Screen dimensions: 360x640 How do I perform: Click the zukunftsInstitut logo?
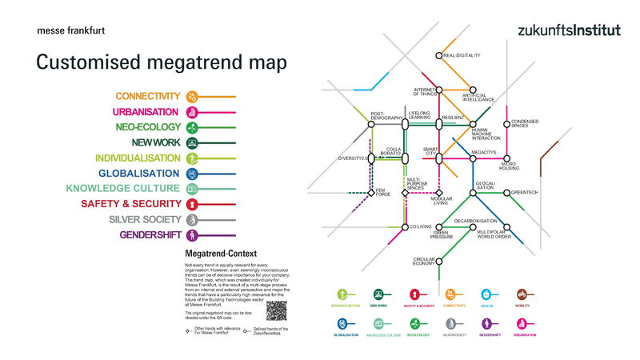pos(569,30)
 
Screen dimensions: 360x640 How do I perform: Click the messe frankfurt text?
pos(70,31)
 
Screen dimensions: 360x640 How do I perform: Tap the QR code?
pos(276,310)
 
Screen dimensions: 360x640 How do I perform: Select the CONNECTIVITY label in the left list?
pos(148,97)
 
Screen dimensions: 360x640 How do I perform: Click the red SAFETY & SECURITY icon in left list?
pos(192,204)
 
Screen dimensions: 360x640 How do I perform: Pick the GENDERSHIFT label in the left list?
pos(150,234)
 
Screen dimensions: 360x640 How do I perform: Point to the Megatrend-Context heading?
pos(214,254)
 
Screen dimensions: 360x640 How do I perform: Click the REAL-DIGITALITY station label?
pos(462,55)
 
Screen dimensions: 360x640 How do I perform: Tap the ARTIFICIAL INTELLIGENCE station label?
pos(478,97)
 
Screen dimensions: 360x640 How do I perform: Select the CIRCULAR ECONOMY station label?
pos(424,261)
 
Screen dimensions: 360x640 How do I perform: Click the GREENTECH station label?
pos(525,192)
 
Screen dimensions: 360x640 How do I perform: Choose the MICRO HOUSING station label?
pos(510,166)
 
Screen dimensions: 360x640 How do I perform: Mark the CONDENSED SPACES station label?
pos(525,123)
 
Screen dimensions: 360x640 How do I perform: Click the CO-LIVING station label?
pos(420,226)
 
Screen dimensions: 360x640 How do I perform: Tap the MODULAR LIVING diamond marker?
pos(438,193)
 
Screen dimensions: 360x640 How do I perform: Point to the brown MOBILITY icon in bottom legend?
pos(521,294)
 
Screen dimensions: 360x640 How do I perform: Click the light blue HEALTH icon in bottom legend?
pos(486,294)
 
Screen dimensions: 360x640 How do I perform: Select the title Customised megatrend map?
pos(162,62)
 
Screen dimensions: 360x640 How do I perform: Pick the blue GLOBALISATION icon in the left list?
pos(192,174)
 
